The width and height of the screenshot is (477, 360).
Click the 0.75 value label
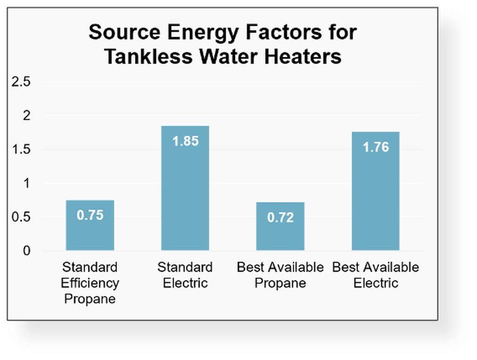[x=90, y=215]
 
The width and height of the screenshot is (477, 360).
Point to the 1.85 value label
[x=185, y=141]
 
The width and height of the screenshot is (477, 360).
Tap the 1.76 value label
[x=375, y=147]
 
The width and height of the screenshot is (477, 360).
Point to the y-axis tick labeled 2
[x=27, y=115]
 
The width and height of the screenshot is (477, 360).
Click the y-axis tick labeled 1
[x=27, y=183]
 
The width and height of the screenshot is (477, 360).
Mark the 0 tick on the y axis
[x=27, y=251]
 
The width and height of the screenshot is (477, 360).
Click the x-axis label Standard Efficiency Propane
[x=90, y=283]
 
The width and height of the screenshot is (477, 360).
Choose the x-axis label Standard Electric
[x=185, y=275]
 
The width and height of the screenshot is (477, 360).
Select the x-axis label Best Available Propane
[x=280, y=275]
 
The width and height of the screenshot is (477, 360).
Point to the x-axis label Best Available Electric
[x=375, y=275]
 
